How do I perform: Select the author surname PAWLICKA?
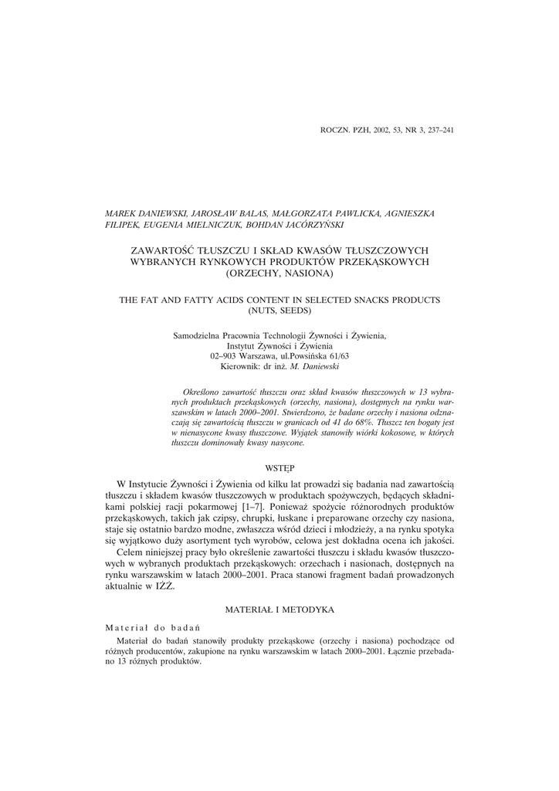tap(353, 213)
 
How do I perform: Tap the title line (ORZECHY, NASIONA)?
tap(279, 273)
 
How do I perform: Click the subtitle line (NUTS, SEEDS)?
tap(279, 311)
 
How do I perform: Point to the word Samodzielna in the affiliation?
tap(197, 336)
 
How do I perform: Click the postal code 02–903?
tap(224, 357)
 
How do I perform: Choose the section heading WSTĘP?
tap(279, 468)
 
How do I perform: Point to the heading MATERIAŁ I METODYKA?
tap(279, 610)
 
